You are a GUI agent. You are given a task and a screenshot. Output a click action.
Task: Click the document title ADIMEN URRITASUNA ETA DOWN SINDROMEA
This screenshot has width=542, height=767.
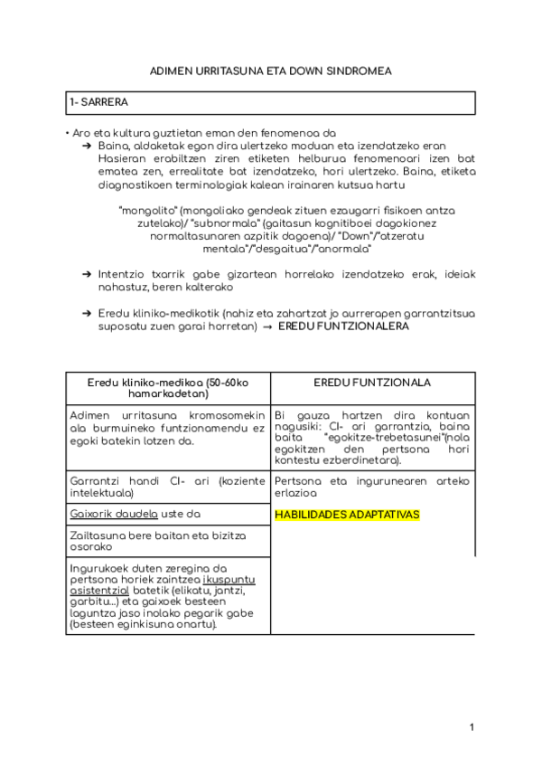click(270, 70)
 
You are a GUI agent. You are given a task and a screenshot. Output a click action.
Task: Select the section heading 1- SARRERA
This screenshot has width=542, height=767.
click(98, 103)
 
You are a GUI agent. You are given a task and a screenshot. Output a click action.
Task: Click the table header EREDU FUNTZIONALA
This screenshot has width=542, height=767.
click(372, 383)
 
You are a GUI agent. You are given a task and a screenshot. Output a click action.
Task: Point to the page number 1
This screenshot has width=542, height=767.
click(472, 726)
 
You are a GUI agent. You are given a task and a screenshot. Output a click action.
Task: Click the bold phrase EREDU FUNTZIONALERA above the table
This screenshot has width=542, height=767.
click(343, 326)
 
